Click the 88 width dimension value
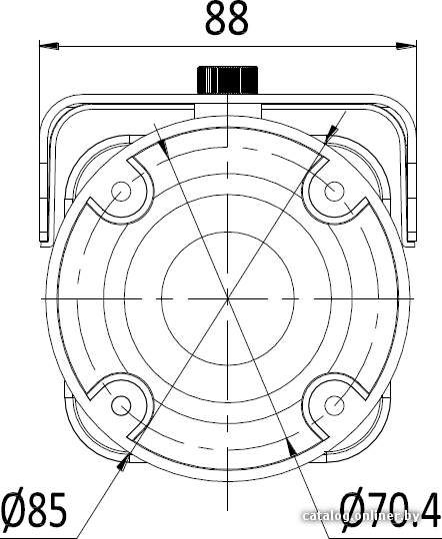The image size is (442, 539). coord(226,19)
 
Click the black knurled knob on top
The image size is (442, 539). coord(227,80)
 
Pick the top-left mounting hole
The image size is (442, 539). coord(121,190)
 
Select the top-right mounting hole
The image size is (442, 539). coord(334,191)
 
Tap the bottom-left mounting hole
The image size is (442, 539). coord(121,405)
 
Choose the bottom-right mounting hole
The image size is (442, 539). coord(334,405)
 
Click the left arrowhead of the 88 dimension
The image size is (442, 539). coord(49,45)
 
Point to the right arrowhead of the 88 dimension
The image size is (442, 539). coord(406,46)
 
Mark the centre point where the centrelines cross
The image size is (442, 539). coord(227,298)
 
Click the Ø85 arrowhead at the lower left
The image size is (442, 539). coord(124,461)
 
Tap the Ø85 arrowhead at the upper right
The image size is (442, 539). coord(331,134)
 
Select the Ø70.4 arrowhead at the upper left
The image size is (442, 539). coord(163,148)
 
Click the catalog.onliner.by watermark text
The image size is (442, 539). coord(361,516)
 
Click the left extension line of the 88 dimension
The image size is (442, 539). coord(39,143)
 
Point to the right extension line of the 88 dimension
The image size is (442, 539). coord(416,143)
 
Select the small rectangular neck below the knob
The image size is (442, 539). coord(228,111)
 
